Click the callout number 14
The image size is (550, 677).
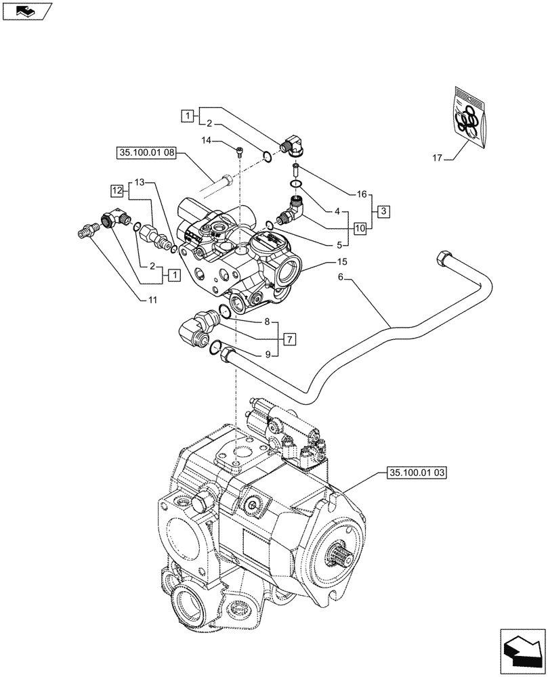pyautogui.click(x=207, y=140)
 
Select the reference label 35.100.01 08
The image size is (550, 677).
pyautogui.click(x=145, y=154)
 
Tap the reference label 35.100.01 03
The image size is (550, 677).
pyautogui.click(x=417, y=472)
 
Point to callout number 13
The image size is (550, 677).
pyautogui.click(x=139, y=183)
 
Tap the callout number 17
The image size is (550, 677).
pyautogui.click(x=437, y=158)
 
